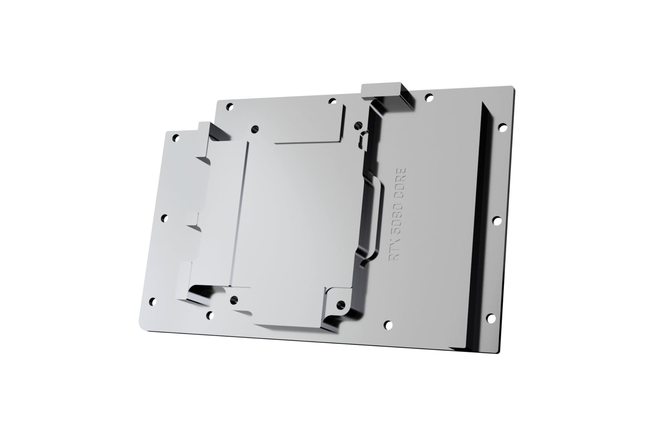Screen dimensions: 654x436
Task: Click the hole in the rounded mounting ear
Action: (x=341, y=305)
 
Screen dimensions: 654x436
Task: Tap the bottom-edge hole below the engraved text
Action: (x=388, y=325)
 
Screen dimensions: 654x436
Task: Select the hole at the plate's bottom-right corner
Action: (x=491, y=318)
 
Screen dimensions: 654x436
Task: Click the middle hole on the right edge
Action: (x=497, y=221)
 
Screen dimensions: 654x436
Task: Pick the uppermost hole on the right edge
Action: (x=503, y=128)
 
